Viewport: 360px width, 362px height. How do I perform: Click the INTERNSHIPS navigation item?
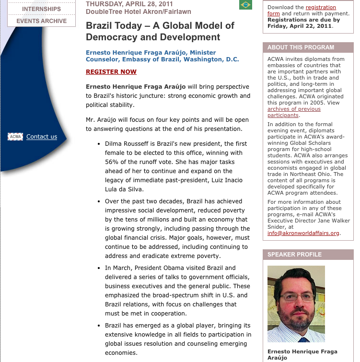point(41,9)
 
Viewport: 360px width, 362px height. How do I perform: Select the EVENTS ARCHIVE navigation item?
point(41,21)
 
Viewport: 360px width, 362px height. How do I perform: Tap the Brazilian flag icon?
point(245,5)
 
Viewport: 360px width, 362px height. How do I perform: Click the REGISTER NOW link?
point(111,72)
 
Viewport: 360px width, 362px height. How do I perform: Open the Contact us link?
point(42,137)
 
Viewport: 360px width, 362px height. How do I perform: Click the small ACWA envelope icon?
point(15,137)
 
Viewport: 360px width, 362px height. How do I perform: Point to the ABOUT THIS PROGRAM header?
point(301,47)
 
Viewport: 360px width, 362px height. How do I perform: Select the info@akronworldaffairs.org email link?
point(303,234)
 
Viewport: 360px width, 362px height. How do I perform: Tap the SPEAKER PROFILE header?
point(295,255)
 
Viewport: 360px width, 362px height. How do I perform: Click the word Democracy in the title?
point(112,37)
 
